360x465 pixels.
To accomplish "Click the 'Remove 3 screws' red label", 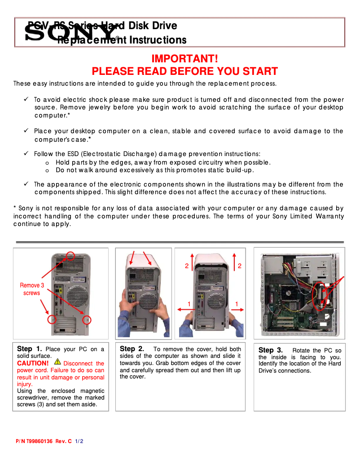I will tap(32, 289).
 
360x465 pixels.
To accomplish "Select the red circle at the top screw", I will tap(70, 256).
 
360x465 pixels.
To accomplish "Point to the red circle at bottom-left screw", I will tap(53, 319).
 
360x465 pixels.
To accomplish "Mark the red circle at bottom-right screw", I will tap(88, 319).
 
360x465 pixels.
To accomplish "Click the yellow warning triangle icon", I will tap(57, 361).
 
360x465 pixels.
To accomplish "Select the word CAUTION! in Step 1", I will tap(33, 363).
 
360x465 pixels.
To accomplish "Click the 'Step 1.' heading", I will tap(30, 349).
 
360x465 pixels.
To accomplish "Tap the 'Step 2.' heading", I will tap(132, 349).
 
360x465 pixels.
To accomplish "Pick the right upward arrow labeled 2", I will tap(234, 262).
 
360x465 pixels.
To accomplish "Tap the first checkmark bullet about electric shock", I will tap(26, 100).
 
